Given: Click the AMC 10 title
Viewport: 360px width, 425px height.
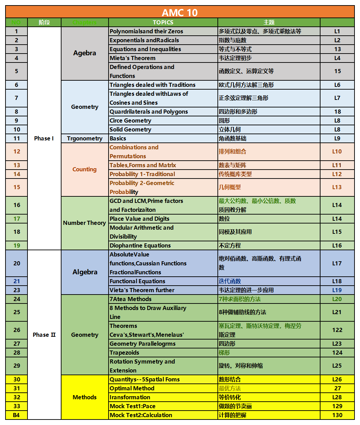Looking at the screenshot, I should pyautogui.click(x=180, y=12).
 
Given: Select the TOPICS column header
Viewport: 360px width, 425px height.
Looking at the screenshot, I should pyautogui.click(x=163, y=22).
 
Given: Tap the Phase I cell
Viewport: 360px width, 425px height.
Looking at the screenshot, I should pyautogui.click(x=44, y=138).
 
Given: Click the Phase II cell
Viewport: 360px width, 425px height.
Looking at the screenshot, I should pyautogui.click(x=44, y=335).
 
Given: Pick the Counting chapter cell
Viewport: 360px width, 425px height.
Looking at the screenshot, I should pyautogui.click(x=85, y=169).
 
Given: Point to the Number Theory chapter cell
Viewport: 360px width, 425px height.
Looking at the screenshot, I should pyautogui.click(x=85, y=223).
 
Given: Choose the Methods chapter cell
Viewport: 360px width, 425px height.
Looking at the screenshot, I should pyautogui.click(x=85, y=397).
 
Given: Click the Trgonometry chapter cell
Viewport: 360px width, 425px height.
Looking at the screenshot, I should pyautogui.click(x=85, y=138).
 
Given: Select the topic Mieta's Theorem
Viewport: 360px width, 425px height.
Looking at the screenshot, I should pyautogui.click(x=133, y=58).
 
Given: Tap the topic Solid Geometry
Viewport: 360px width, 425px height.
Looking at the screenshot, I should pyautogui.click(x=131, y=129).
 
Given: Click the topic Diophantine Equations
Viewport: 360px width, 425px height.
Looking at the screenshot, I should pyautogui.click(x=140, y=245).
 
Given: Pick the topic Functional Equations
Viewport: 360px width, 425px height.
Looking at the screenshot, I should pyautogui.click(x=137, y=281).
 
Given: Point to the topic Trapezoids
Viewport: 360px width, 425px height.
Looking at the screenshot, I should pyautogui.click(x=124, y=353).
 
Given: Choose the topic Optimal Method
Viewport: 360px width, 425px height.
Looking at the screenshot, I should pyautogui.click(x=132, y=388).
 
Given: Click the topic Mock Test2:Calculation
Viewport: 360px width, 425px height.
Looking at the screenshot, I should pyautogui.click(x=141, y=415).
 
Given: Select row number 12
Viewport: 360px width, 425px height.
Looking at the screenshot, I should pyautogui.click(x=17, y=151).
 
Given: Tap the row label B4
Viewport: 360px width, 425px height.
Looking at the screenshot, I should pyautogui.click(x=16, y=415).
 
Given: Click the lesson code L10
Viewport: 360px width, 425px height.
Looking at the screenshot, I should pyautogui.click(x=337, y=151).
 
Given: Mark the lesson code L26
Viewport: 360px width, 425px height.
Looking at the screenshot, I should pyautogui.click(x=337, y=379).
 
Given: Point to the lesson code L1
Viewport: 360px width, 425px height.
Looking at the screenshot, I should pyautogui.click(x=337, y=31).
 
